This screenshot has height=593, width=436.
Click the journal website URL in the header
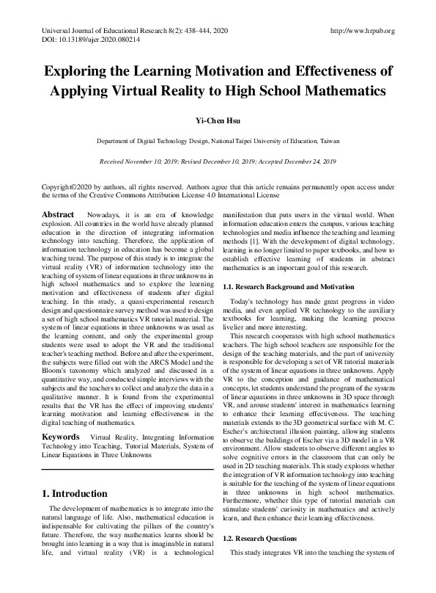coord(363,31)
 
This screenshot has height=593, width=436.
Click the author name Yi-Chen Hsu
coord(218,120)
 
